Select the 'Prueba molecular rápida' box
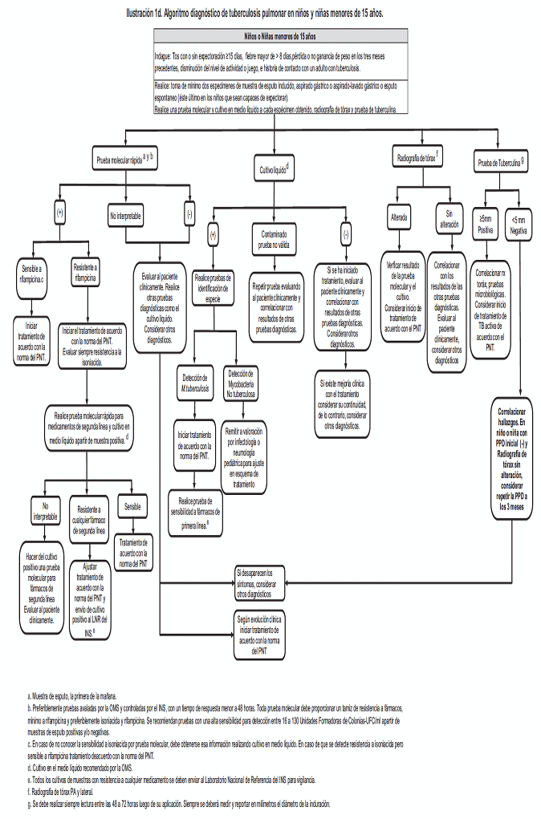(124, 158)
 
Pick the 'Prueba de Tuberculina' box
(502, 163)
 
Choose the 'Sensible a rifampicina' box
(32, 273)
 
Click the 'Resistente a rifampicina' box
(86, 273)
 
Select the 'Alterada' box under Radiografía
(400, 217)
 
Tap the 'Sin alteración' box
(449, 218)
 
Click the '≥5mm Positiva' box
(486, 224)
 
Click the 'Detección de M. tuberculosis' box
(196, 381)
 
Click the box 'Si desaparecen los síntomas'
(258, 583)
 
